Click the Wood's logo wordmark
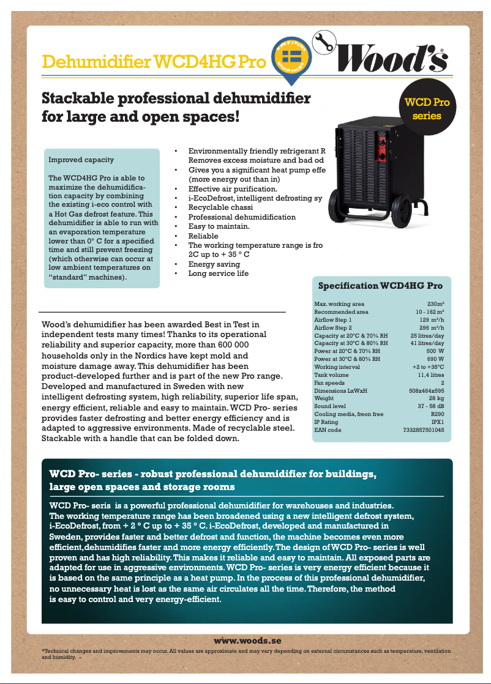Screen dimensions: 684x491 (397, 58)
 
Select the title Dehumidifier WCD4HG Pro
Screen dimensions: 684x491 (154, 62)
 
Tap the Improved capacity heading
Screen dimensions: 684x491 (81, 160)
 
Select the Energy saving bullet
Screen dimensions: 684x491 (214, 264)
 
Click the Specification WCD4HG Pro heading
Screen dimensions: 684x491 (380, 286)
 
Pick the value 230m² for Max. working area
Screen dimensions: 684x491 (435, 304)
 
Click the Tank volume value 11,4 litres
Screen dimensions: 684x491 (430, 374)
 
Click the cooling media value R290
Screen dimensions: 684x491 (437, 414)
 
